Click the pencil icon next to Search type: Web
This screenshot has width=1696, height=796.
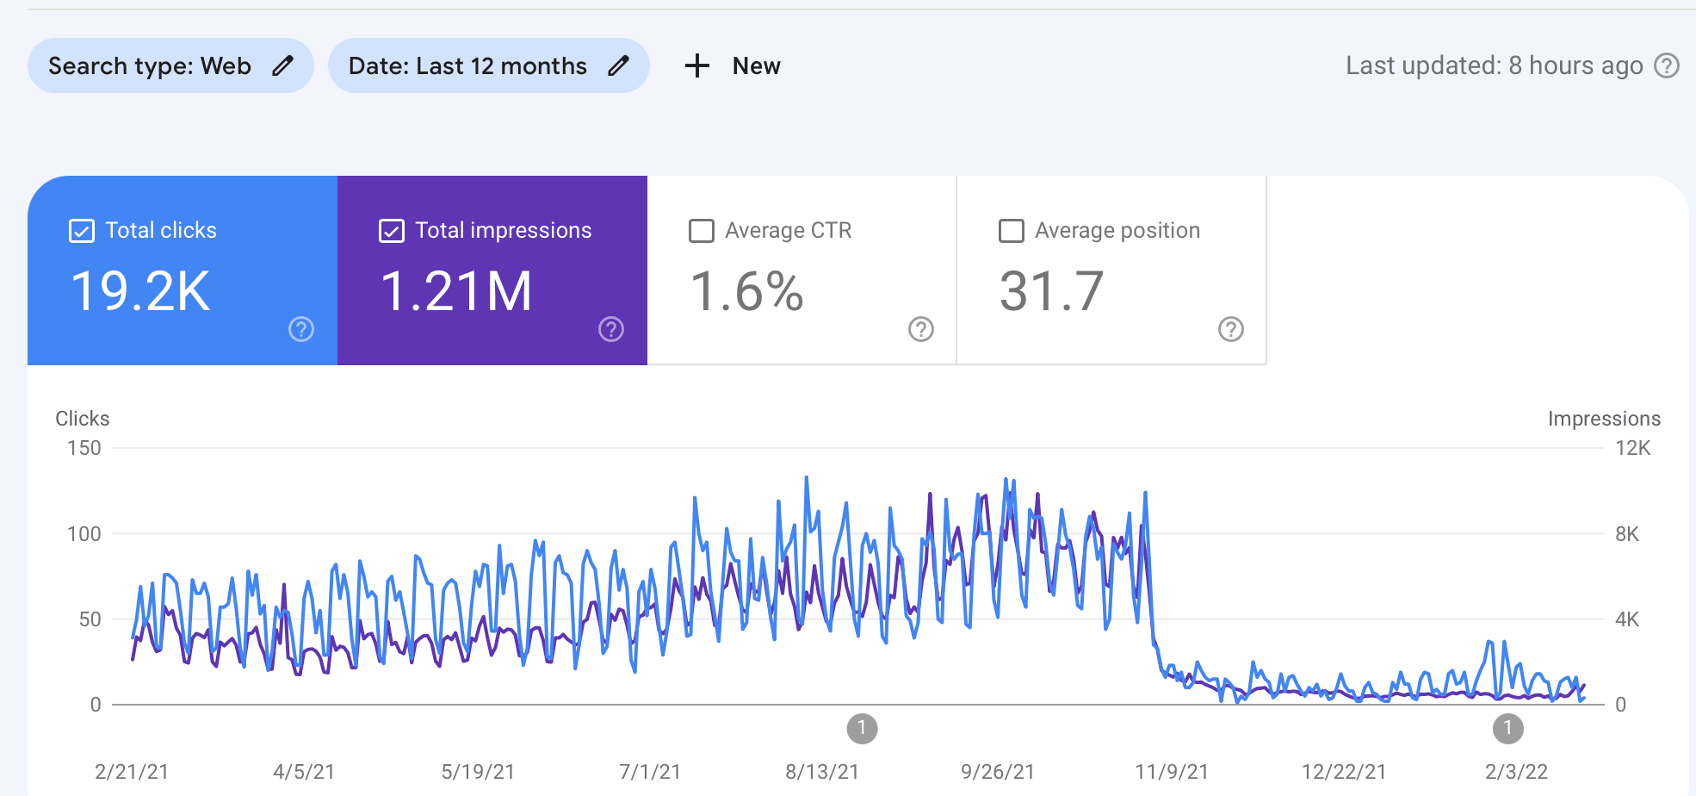(x=282, y=65)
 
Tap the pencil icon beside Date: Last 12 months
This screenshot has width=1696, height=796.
(x=618, y=65)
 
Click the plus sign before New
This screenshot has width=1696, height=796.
(x=696, y=65)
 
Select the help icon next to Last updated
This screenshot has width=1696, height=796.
(x=1667, y=65)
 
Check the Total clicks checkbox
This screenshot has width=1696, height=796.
(x=82, y=231)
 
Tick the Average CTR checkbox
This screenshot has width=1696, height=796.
(x=702, y=231)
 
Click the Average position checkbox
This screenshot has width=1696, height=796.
(x=1012, y=231)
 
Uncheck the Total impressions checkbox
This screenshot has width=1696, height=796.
(x=392, y=231)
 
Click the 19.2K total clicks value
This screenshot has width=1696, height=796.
(x=140, y=291)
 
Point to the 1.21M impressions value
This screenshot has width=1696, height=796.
(x=456, y=291)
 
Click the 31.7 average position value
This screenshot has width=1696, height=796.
(x=1051, y=291)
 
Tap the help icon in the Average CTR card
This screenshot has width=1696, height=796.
(x=921, y=329)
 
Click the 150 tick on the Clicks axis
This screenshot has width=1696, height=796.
(x=84, y=448)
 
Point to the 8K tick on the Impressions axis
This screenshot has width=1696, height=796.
(x=1627, y=534)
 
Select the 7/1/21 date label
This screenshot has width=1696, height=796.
(x=650, y=772)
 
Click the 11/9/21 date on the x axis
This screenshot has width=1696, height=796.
(x=1171, y=772)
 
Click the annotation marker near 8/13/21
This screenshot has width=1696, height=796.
(x=862, y=729)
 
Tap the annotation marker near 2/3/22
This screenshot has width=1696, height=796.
(x=1507, y=729)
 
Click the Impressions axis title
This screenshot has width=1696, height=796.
(x=1604, y=419)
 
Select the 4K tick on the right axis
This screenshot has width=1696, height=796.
(x=1627, y=619)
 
